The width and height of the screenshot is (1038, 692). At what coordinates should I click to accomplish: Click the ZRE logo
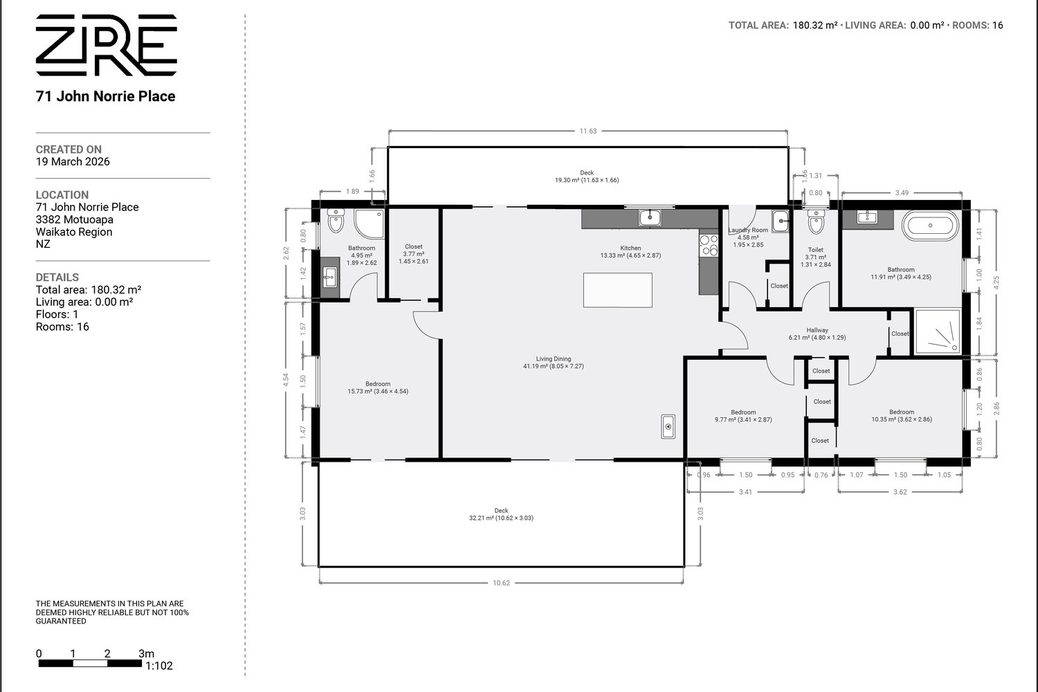[106, 45]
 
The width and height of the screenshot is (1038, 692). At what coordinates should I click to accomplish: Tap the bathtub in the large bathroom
[930, 226]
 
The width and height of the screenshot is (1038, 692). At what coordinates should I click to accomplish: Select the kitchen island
[618, 290]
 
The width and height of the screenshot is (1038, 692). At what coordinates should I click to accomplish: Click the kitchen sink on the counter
[650, 217]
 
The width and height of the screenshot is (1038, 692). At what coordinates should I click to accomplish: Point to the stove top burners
[709, 245]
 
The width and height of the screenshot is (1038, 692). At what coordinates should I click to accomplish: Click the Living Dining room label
[554, 363]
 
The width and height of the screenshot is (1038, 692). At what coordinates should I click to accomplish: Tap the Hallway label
[817, 334]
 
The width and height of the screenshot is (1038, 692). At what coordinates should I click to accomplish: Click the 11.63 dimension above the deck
[588, 131]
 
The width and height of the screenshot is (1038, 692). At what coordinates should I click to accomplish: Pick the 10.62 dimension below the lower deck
[501, 583]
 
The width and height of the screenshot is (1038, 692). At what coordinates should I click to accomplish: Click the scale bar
[90, 663]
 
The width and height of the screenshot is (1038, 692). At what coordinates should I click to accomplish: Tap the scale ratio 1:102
[159, 666]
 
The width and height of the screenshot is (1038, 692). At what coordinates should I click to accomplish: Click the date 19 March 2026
[73, 162]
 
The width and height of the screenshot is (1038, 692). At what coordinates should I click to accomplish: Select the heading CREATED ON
[69, 149]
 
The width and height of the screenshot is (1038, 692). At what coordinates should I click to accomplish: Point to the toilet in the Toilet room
[816, 221]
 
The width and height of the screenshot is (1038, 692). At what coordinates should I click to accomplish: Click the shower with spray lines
[938, 332]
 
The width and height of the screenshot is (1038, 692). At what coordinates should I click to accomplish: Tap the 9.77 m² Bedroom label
[743, 416]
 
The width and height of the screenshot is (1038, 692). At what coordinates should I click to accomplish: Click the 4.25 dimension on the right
[996, 283]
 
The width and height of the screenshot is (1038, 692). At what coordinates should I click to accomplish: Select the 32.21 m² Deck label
[501, 514]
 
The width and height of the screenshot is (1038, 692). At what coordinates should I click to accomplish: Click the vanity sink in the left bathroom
[330, 277]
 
